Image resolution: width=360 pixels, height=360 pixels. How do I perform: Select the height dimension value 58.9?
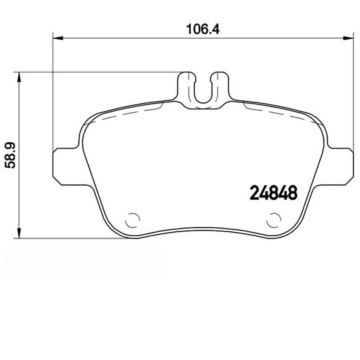[x=10, y=155]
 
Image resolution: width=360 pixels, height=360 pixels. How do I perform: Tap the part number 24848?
[x=273, y=193]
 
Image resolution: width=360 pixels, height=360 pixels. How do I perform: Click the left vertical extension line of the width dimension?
[x=53, y=90]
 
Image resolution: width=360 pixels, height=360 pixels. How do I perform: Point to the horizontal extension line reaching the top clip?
[x=99, y=72]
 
